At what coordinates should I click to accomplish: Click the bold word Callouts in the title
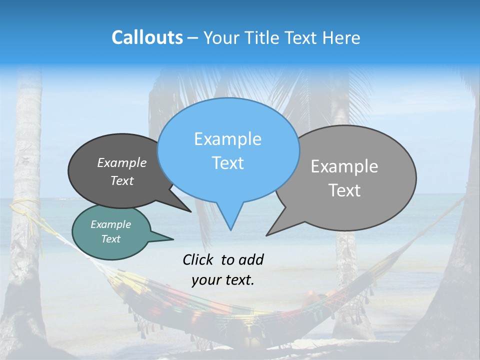[147, 37]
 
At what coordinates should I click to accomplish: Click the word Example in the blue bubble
[227, 139]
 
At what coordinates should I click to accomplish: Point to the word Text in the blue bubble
[227, 163]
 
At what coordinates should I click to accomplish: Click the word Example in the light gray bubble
[344, 166]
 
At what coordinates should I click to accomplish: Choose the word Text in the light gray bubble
[344, 190]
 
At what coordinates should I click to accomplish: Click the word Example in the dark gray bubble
[122, 162]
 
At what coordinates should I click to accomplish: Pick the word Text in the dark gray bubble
[122, 180]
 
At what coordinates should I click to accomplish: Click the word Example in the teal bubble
[111, 224]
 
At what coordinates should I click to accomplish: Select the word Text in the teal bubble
[111, 239]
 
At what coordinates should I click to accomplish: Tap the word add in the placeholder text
[251, 259]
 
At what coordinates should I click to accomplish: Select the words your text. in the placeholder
[223, 280]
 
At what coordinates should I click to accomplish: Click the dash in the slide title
[193, 38]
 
